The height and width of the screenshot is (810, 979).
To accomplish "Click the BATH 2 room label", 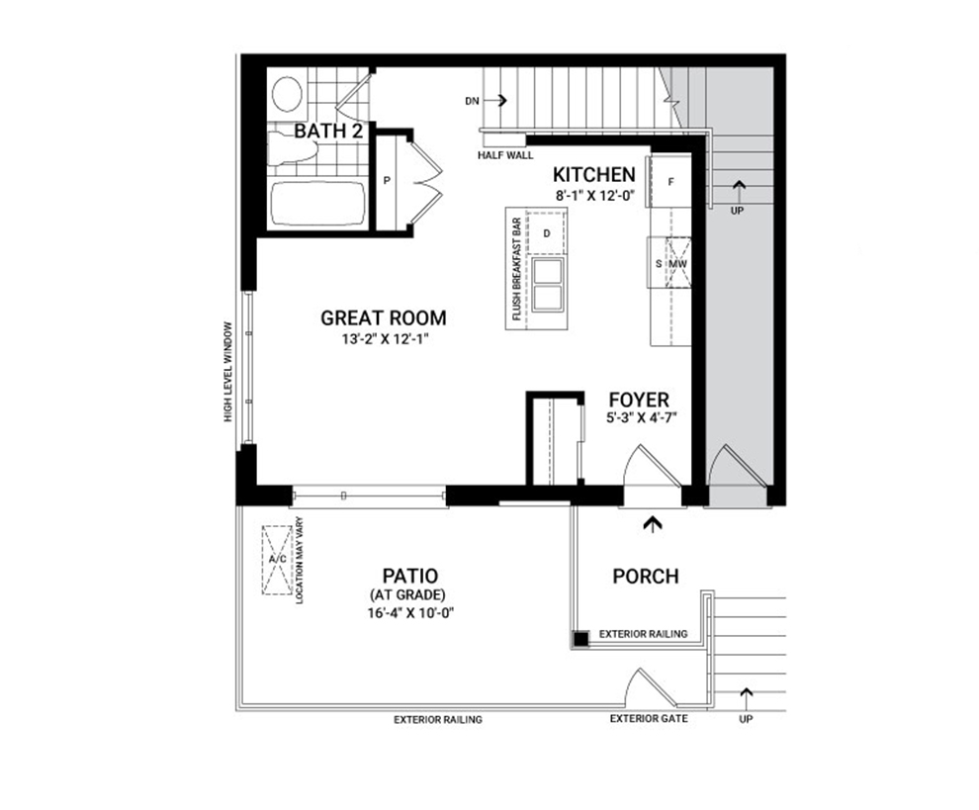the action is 328,132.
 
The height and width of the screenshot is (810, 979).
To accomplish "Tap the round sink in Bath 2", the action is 287,94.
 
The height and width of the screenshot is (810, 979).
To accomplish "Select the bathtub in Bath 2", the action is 317,203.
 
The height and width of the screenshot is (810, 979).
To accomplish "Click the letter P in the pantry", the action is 387,181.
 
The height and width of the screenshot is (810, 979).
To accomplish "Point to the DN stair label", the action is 472,101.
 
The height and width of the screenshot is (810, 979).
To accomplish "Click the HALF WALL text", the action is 505,155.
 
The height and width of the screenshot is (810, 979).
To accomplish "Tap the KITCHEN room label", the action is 594,174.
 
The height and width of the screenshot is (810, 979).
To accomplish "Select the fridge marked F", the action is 671,182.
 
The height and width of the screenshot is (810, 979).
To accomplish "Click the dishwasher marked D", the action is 547,233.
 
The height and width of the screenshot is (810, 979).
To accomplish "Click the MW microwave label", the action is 678,264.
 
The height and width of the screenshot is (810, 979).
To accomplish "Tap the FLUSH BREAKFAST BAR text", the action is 516,269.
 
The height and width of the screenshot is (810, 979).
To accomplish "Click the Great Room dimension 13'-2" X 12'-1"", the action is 384,340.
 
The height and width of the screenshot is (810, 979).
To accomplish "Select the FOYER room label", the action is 639,400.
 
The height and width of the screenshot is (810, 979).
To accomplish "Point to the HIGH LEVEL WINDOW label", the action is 227,372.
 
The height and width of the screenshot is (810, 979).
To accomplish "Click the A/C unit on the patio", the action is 277,560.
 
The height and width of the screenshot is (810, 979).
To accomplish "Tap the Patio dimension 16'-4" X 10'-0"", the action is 409,612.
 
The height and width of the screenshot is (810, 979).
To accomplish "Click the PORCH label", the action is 646,576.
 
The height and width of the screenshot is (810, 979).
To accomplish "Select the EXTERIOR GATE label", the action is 649,719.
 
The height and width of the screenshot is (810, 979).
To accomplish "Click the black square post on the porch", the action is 581,638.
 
